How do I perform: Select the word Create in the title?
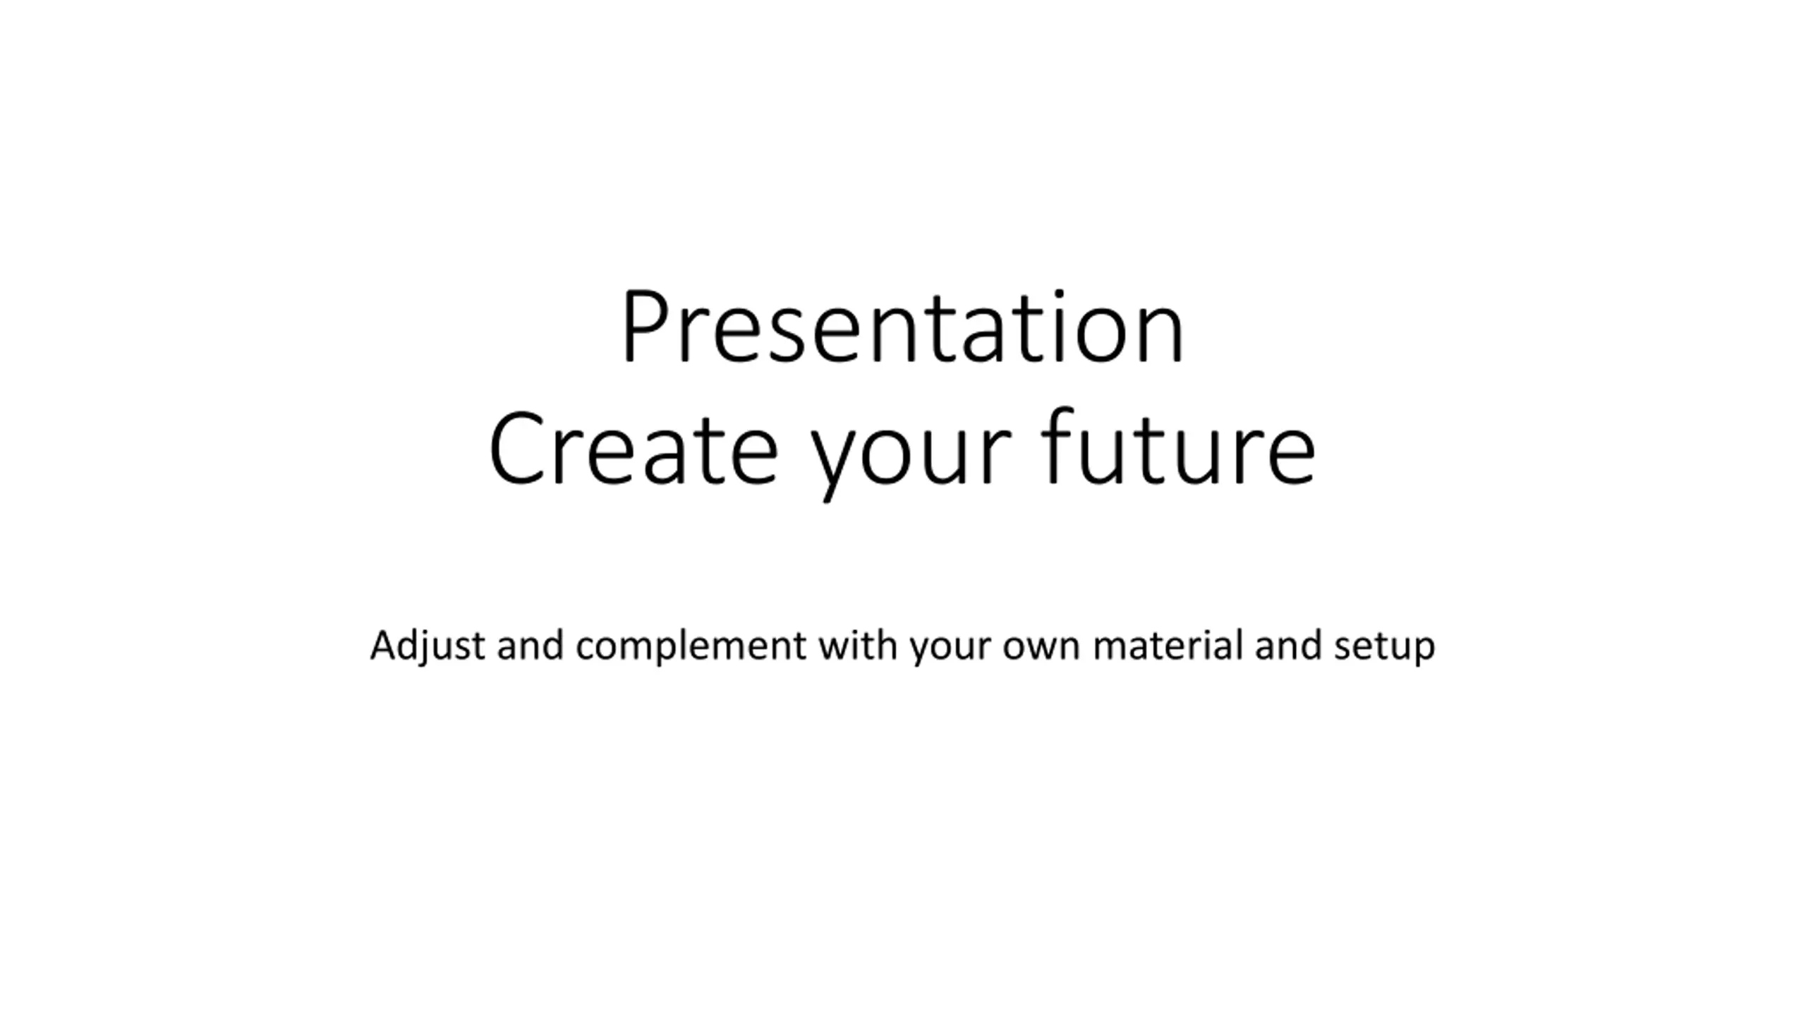[x=633, y=448]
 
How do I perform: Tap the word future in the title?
[x=1177, y=446]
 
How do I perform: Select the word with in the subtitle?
[x=857, y=645]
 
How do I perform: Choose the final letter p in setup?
[x=1423, y=651]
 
